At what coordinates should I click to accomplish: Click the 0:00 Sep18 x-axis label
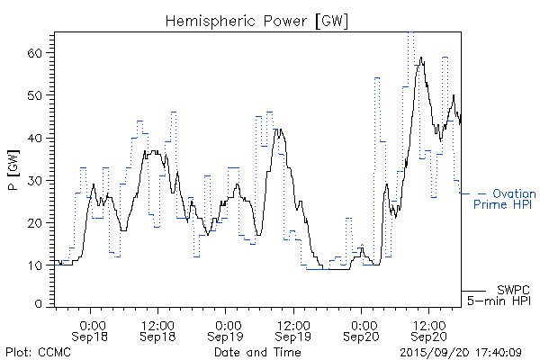point(94,330)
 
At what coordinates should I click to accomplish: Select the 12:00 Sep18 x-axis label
point(158,330)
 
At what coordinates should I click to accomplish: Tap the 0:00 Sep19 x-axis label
point(229,330)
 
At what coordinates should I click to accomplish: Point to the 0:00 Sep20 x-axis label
point(364,330)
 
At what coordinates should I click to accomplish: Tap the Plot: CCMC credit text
point(38,352)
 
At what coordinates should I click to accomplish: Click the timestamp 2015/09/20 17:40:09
point(461,352)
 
